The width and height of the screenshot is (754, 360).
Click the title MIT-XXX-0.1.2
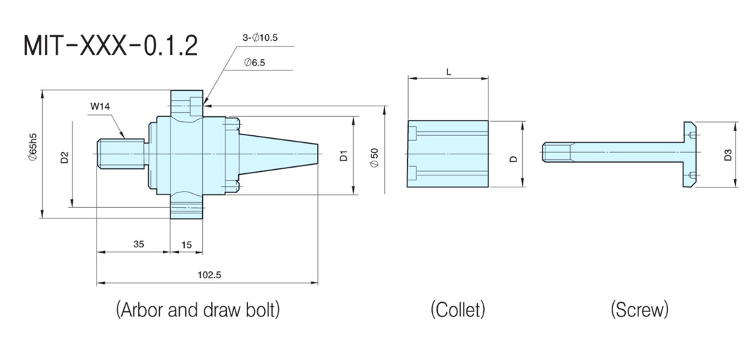click(x=111, y=46)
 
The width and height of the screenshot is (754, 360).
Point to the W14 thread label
click(x=101, y=107)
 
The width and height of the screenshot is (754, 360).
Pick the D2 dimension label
click(x=64, y=156)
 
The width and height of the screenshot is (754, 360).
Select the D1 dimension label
click(x=343, y=155)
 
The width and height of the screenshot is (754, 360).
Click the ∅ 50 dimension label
click(x=374, y=156)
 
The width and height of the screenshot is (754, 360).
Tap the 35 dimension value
click(x=139, y=244)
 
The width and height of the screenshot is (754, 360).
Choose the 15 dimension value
click(x=187, y=244)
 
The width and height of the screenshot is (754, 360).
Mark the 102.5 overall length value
click(x=209, y=275)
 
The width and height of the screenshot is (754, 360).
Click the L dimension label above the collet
click(x=449, y=72)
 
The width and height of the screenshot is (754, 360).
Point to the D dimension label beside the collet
click(x=514, y=159)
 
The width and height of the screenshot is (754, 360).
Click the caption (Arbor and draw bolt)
click(x=197, y=309)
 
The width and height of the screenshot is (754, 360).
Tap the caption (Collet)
click(x=458, y=309)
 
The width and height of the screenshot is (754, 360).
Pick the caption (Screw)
click(x=640, y=309)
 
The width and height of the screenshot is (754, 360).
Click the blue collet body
click(x=448, y=154)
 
